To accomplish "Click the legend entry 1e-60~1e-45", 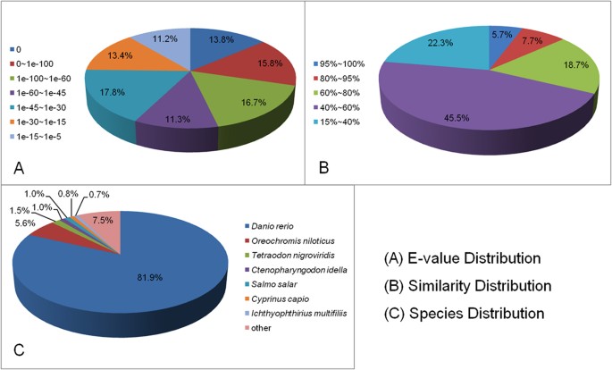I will [42, 92].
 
